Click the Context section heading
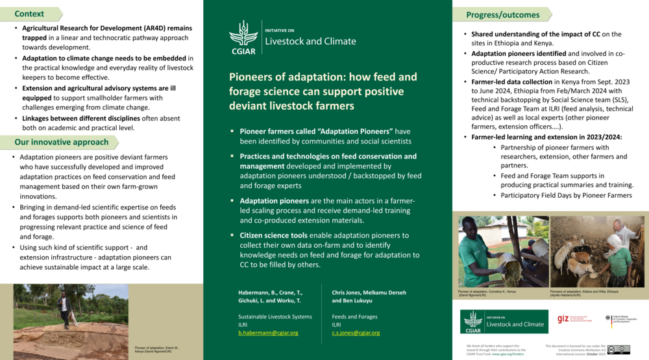29,14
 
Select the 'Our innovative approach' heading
62,142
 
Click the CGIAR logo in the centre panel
243,36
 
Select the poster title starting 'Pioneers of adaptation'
323,91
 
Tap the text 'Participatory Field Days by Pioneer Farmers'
566,195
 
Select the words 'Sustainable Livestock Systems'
275,316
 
